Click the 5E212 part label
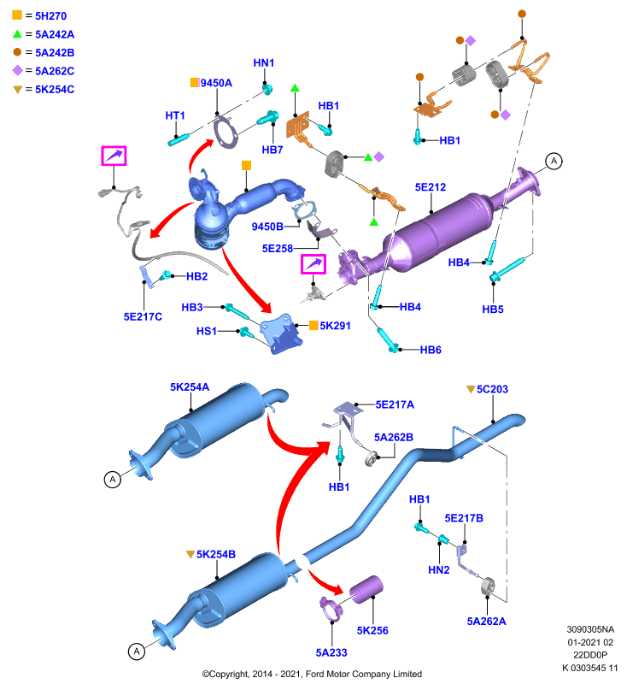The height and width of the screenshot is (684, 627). [430, 187]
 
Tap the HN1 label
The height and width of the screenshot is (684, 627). [264, 62]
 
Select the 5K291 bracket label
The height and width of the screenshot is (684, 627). [335, 326]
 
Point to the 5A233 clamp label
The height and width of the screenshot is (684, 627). [331, 652]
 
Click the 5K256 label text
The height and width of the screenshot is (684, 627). [372, 630]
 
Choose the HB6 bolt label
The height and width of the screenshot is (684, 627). [431, 350]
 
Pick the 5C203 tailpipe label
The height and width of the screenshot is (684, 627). [492, 389]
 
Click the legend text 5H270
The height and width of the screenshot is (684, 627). [50, 16]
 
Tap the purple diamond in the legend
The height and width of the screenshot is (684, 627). [17, 70]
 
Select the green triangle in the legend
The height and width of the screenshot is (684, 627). [17, 34]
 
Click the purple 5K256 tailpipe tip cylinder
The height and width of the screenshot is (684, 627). [366, 589]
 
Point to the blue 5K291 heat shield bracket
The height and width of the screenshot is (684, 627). [281, 333]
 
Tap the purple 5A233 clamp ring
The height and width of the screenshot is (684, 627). [331, 609]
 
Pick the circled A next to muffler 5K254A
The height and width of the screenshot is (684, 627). [113, 480]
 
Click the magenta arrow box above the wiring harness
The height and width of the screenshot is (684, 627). [114, 156]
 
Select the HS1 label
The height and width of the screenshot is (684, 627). [207, 331]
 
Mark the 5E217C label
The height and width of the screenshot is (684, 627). [143, 316]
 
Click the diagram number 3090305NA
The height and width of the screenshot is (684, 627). [590, 629]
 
